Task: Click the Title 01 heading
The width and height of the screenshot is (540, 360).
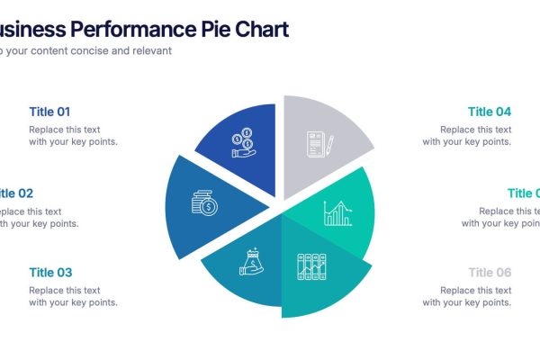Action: [49, 112]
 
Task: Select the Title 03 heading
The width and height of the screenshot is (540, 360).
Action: [50, 273]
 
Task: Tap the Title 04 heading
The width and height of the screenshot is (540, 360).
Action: [490, 112]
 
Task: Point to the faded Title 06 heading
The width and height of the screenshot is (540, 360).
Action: [490, 273]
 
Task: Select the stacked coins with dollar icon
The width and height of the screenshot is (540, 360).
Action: [204, 203]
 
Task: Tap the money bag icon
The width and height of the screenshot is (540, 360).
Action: [251, 262]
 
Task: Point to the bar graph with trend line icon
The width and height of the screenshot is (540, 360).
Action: [337, 213]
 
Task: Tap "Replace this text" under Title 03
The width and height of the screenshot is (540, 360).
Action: [64, 291]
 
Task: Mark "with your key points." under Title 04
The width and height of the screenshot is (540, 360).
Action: [467, 141]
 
